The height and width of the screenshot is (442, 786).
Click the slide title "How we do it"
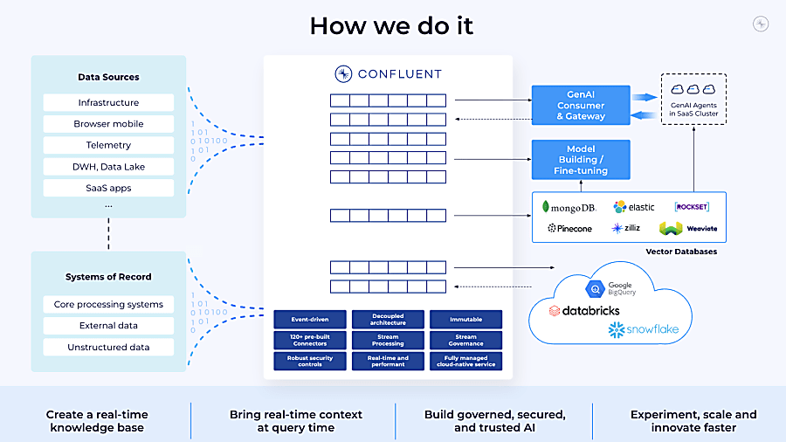coord(391,25)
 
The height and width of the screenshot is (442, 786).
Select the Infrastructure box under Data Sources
coord(108,103)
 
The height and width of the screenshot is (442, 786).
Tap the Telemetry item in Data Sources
coord(108,145)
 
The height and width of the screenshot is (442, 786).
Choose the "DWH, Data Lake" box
coord(108,167)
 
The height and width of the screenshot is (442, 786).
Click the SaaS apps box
coord(108,188)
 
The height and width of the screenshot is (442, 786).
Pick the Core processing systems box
coord(108,305)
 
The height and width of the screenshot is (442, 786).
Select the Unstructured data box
coord(108,347)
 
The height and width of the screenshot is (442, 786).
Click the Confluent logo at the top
coord(388,74)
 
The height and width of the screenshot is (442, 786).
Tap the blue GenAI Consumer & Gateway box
coord(581,106)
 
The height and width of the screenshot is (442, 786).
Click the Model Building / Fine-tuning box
coord(581,160)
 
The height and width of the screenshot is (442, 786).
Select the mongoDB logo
coord(569,207)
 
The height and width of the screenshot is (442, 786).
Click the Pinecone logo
coord(569,228)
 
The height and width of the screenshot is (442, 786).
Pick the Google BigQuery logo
coord(611,287)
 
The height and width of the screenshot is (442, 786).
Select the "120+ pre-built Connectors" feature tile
coord(310,340)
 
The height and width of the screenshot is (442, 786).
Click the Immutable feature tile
coord(465,320)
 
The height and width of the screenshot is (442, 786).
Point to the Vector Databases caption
coord(680,252)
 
